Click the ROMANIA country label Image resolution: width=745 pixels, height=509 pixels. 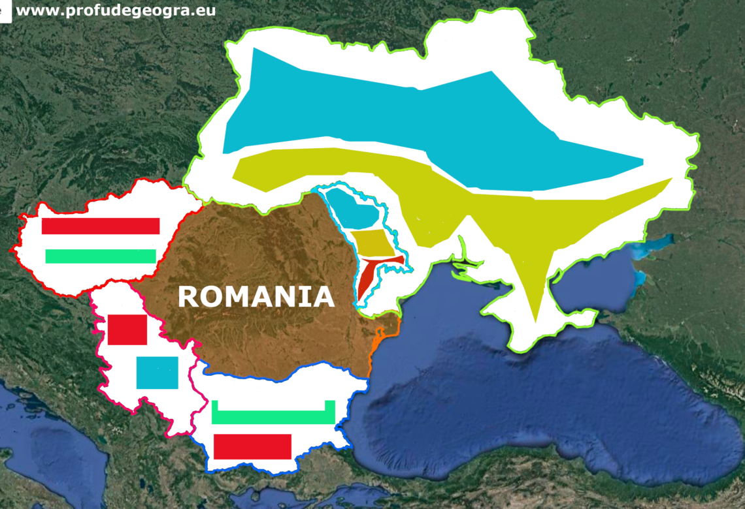pos(256,297)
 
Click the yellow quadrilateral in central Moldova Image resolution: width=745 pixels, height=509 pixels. pos(373,243)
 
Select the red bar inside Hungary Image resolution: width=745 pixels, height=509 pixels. pos(101,226)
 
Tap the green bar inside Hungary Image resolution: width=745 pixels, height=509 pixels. pos(101,256)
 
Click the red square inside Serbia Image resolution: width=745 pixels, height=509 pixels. pos(127,330)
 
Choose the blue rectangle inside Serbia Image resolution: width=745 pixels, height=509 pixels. pos(157,373)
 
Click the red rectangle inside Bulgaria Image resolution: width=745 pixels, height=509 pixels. pos(252,446)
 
